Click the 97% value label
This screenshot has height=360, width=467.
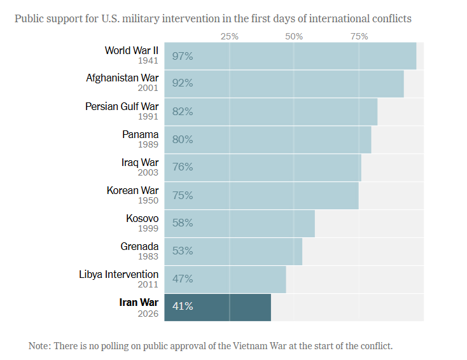tap(182, 56)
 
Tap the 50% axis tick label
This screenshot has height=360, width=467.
tap(294, 36)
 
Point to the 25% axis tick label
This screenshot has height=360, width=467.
tap(229, 36)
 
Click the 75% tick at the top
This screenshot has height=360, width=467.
tap(359, 36)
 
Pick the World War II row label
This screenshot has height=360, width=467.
tap(132, 50)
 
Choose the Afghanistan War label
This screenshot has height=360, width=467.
tap(122, 78)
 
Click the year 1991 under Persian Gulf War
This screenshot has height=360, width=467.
tap(148, 117)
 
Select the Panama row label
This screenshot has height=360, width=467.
tap(140, 134)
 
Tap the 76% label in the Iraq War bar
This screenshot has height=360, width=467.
tap(182, 167)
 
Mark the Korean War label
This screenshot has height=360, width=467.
tap(132, 190)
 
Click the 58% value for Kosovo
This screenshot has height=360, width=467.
tap(182, 223)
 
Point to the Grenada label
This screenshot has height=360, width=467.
tap(139, 246)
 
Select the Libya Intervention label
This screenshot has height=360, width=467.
tap(119, 274)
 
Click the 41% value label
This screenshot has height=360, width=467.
tap(182, 307)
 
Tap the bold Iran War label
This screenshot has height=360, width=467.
tap(139, 302)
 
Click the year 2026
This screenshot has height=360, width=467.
tap(148, 314)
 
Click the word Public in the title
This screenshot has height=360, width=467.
tap(29, 18)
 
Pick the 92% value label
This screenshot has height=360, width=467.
tap(182, 83)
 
